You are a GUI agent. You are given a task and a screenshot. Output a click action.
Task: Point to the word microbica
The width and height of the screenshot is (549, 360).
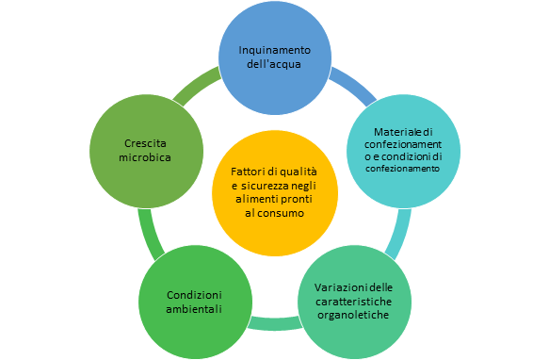click(x=146, y=157)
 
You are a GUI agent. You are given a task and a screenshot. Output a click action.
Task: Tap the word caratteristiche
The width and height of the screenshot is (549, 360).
click(x=356, y=301)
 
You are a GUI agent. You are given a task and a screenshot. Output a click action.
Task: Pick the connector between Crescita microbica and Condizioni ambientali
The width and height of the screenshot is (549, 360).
click(x=146, y=231)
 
